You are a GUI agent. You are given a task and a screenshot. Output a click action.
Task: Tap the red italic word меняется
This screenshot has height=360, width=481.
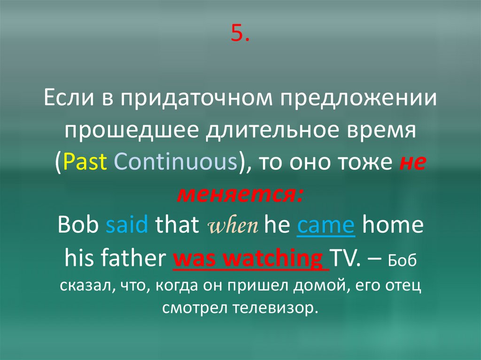(240, 193)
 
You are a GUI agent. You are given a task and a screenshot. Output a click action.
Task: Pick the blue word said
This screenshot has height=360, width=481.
(127, 225)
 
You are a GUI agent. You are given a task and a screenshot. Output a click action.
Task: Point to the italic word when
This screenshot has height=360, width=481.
(232, 226)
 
